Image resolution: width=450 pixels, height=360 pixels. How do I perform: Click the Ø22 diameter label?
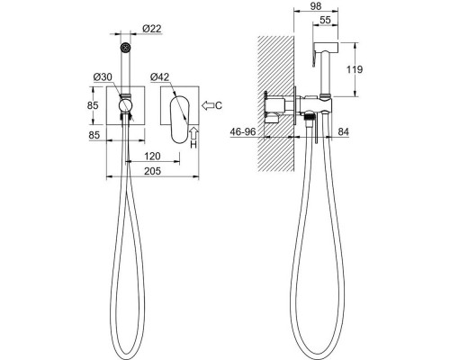(152, 29)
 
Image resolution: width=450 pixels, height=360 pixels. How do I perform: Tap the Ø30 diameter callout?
(103, 77)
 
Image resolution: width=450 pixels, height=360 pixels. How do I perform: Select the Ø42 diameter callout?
(160, 77)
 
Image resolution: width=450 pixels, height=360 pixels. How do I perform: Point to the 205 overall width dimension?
(152, 171)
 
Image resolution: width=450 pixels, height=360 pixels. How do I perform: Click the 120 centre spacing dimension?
(152, 157)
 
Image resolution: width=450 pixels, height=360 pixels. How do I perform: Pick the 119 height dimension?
(355, 69)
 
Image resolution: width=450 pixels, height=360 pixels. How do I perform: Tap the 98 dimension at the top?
(316, 6)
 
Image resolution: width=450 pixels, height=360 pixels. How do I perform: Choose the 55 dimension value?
(325, 20)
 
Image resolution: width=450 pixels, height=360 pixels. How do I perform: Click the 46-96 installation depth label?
(243, 131)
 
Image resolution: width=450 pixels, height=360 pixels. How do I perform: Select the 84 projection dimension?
(344, 131)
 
